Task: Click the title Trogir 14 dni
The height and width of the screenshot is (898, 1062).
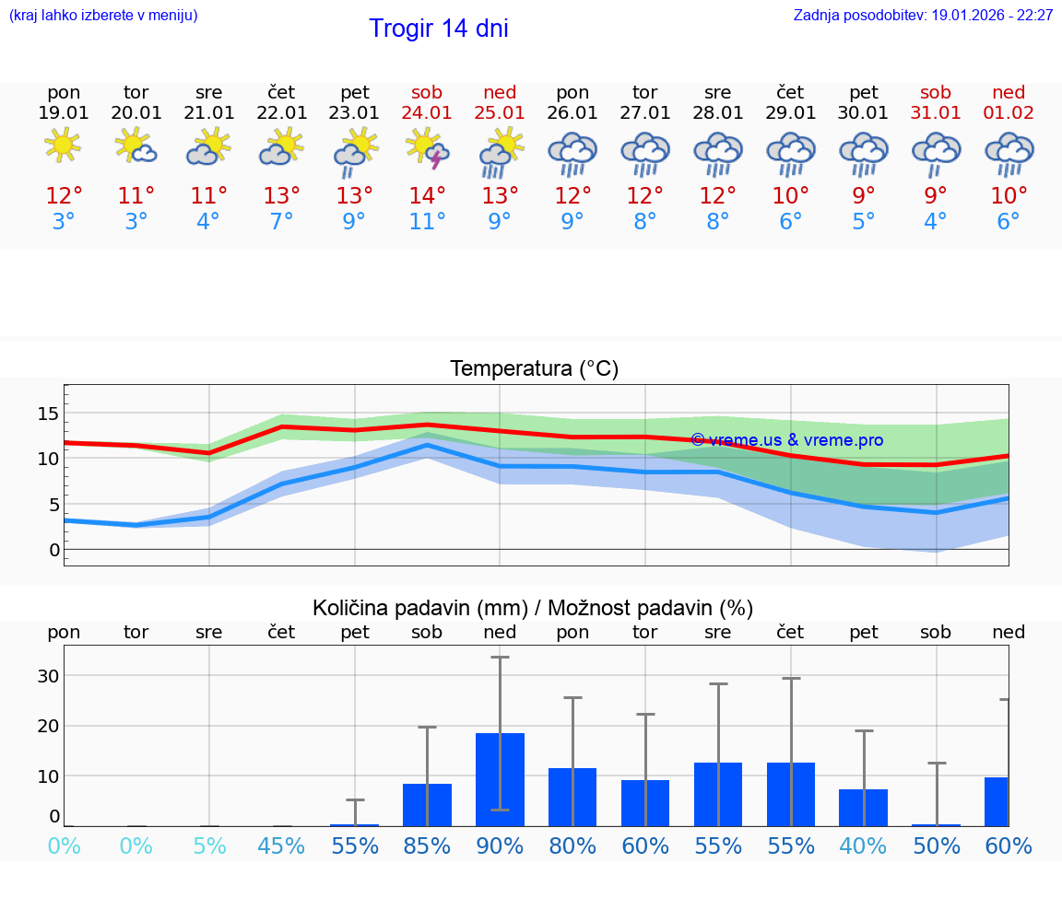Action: (438, 29)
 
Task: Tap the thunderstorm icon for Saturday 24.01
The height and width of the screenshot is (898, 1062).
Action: (427, 148)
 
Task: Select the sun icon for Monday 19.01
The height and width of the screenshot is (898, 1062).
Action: (63, 146)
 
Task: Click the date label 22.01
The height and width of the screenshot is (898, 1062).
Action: (281, 113)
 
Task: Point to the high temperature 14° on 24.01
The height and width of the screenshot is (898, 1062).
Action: (427, 196)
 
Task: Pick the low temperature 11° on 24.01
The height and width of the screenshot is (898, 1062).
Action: (427, 222)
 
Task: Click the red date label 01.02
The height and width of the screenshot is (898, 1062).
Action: (1009, 113)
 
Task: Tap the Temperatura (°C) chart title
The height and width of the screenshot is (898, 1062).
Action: (534, 369)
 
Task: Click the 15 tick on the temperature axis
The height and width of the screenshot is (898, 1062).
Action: (48, 414)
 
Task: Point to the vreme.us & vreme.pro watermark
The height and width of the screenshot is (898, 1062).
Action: (786, 440)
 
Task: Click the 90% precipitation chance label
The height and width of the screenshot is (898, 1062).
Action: (500, 846)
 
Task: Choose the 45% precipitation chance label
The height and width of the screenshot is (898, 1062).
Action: (281, 846)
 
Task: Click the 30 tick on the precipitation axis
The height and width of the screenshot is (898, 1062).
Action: (48, 675)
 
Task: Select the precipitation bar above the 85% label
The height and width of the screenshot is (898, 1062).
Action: (427, 805)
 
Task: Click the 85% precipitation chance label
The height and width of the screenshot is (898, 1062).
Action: (427, 846)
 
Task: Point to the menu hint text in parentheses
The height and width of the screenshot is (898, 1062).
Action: (103, 16)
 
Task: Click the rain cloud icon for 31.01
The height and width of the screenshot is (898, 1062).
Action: (936, 153)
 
